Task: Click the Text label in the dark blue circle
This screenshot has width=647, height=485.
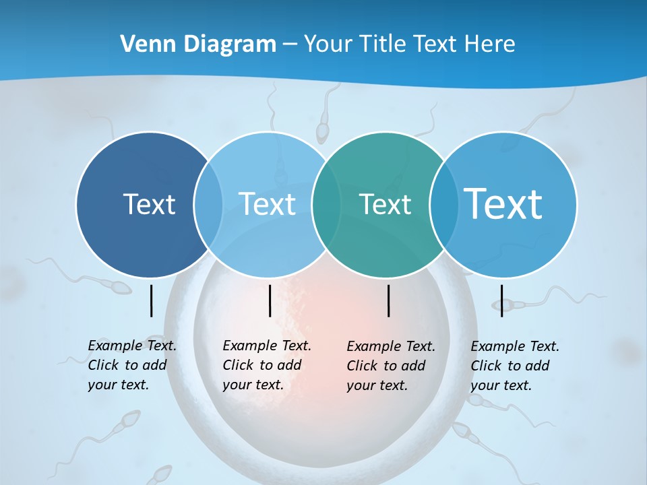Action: [149, 204]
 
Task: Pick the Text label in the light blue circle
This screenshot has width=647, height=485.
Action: [268, 204]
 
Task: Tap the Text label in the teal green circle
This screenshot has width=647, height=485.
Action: [385, 204]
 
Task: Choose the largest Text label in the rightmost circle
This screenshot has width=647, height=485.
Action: [503, 203]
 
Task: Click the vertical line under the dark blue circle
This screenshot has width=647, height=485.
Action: [151, 300]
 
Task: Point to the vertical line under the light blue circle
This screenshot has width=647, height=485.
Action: [270, 300]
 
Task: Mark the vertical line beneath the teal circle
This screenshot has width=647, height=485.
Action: [389, 300]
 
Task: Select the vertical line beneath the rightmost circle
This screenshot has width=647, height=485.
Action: [501, 300]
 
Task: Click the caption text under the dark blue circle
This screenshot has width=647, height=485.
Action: [132, 365]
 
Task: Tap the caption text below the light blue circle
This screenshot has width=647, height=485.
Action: [267, 365]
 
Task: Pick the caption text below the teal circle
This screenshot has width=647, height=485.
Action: [391, 366]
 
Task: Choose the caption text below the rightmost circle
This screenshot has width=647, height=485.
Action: [515, 366]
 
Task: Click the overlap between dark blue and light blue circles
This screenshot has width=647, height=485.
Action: [208, 204]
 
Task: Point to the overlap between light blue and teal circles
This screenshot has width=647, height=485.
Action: [326, 204]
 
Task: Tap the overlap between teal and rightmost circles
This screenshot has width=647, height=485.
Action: [441, 204]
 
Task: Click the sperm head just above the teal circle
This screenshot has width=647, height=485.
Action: [323, 131]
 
